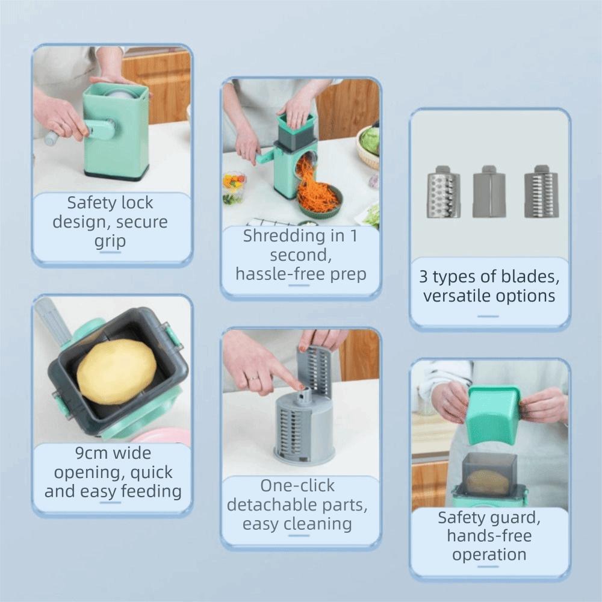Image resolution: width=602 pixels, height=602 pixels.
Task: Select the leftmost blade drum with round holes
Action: [443, 192]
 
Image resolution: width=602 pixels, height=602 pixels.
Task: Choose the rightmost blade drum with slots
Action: [541, 192]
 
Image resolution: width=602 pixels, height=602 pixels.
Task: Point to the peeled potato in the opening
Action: [116, 371]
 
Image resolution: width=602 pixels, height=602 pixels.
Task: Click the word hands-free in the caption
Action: [489, 536]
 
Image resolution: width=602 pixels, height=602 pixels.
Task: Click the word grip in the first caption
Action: [110, 241]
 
